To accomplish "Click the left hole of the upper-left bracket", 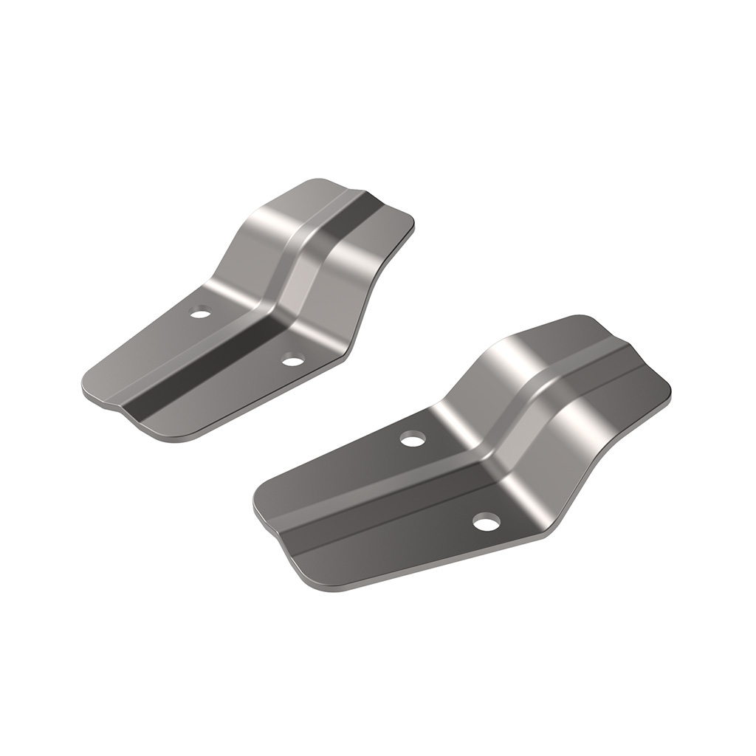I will tap(199, 314).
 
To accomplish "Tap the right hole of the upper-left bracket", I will tap(293, 361).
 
